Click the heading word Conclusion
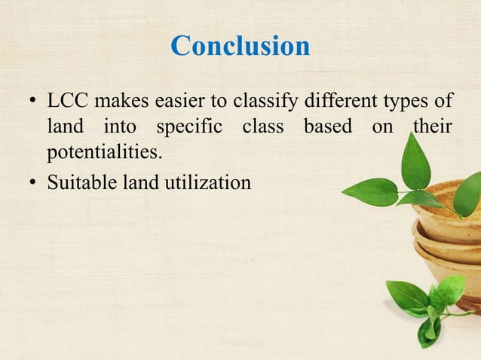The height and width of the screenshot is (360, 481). [240, 46]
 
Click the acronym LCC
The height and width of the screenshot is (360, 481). [67, 101]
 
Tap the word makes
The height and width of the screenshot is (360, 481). [118, 101]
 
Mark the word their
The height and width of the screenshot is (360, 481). [432, 127]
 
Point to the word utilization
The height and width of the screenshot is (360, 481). [209, 182]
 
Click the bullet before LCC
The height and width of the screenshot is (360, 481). [32, 102]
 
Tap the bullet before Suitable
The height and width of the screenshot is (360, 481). [32, 182]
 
